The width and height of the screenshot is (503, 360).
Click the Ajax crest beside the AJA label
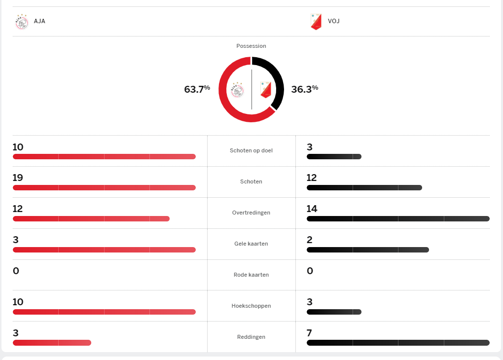point(22,22)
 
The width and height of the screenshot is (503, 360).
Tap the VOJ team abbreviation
point(333,21)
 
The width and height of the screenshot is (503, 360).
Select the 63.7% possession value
point(197,89)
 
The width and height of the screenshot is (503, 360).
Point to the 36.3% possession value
point(304,89)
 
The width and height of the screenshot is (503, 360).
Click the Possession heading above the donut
point(251,46)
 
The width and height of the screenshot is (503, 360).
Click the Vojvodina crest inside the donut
point(266,90)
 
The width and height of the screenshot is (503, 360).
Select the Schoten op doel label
point(251,150)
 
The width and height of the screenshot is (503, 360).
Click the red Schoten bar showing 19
point(104,187)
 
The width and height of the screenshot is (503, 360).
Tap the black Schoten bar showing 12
point(364,187)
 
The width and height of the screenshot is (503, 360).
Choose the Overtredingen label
point(251,213)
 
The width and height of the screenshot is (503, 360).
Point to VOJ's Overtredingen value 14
point(312,209)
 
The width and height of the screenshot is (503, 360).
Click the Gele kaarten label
point(251,244)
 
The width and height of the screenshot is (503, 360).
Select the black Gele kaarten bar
point(367,250)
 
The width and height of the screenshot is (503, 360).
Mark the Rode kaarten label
point(251,275)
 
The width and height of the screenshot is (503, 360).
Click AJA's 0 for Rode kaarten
point(15,271)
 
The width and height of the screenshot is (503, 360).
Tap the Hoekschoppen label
point(251,306)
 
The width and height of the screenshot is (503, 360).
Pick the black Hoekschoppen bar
point(334,312)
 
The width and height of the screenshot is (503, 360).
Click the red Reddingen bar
point(52,343)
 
